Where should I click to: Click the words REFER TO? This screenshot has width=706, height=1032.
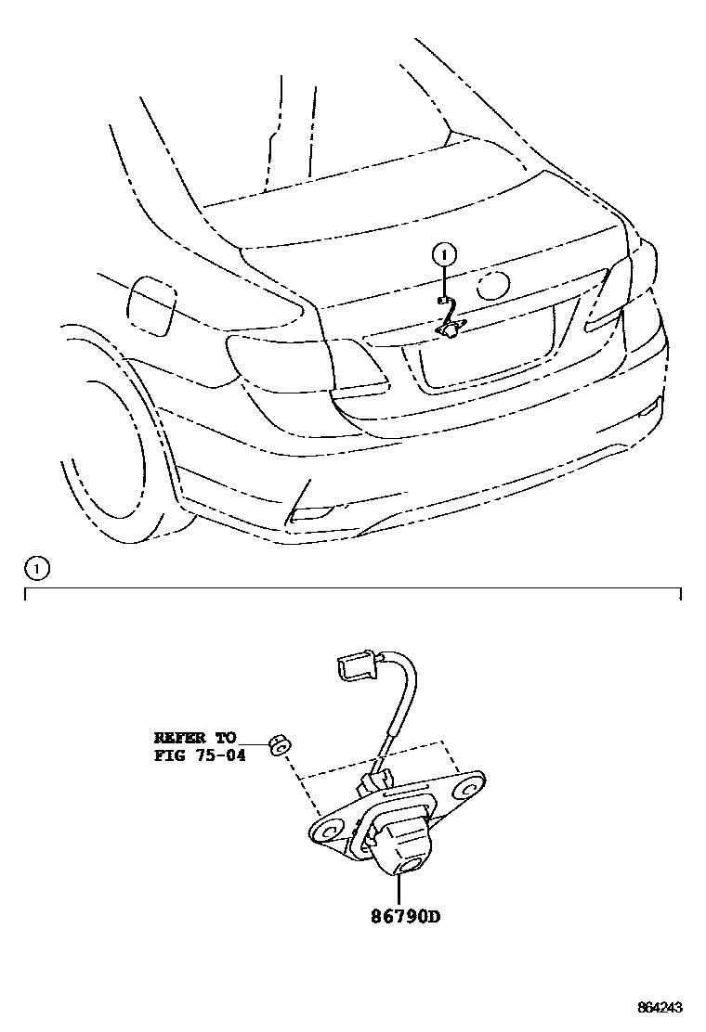pyautogui.click(x=196, y=738)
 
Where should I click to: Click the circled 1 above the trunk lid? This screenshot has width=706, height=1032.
pyautogui.click(x=445, y=252)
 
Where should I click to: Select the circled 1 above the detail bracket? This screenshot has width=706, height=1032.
pyautogui.click(x=36, y=566)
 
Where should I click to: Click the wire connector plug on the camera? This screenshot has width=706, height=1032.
pyautogui.click(x=353, y=668)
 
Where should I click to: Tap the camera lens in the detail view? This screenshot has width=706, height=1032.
pyautogui.click(x=407, y=869)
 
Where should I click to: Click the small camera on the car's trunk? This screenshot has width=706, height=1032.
pyautogui.click(x=451, y=328)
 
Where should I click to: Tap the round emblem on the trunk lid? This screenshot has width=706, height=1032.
pyautogui.click(x=492, y=286)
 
